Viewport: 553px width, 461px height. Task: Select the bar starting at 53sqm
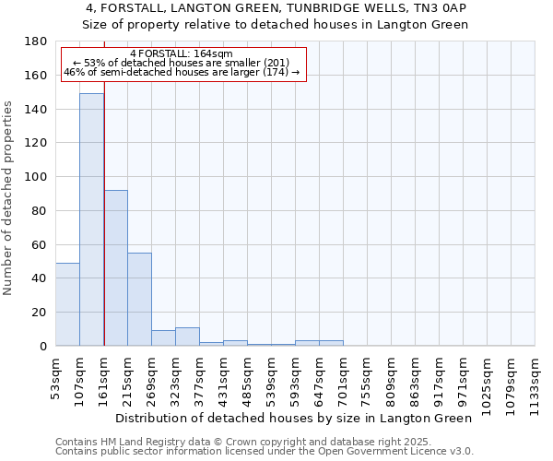coord(67,304)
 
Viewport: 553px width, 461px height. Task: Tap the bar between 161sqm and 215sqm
coord(115,267)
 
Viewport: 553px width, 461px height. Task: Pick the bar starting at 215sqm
coord(139,300)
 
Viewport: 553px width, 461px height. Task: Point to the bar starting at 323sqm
coord(187,337)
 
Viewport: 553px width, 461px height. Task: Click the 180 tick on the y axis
coord(37,41)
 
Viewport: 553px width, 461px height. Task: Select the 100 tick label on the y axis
coord(37,177)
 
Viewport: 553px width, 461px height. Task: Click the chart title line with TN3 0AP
coord(276,8)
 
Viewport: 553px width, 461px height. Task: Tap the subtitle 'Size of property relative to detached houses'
coord(276,24)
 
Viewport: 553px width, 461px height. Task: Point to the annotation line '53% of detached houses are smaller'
coord(182,63)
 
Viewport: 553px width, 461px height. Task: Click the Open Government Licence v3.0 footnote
coord(265,451)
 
